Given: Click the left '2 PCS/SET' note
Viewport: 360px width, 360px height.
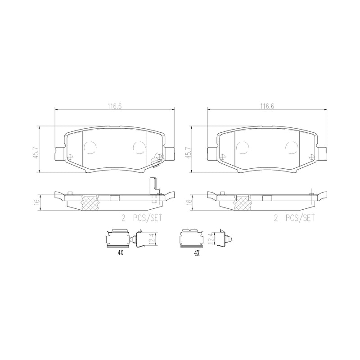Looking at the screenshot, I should (141, 218).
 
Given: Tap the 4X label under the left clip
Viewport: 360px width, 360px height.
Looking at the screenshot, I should (120, 254).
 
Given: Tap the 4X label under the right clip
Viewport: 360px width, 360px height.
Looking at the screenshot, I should (197, 254).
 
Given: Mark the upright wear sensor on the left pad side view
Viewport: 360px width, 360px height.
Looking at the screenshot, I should (154, 189).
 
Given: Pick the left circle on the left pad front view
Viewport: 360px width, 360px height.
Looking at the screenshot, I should (90, 146).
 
